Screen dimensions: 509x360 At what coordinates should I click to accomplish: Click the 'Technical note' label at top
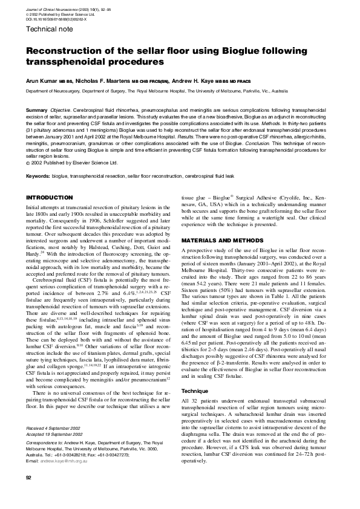[x=47, y=28]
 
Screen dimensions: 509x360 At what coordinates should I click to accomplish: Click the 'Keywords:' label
[x=38, y=175]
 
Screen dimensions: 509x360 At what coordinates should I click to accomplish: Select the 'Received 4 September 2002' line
[x=54, y=428]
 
